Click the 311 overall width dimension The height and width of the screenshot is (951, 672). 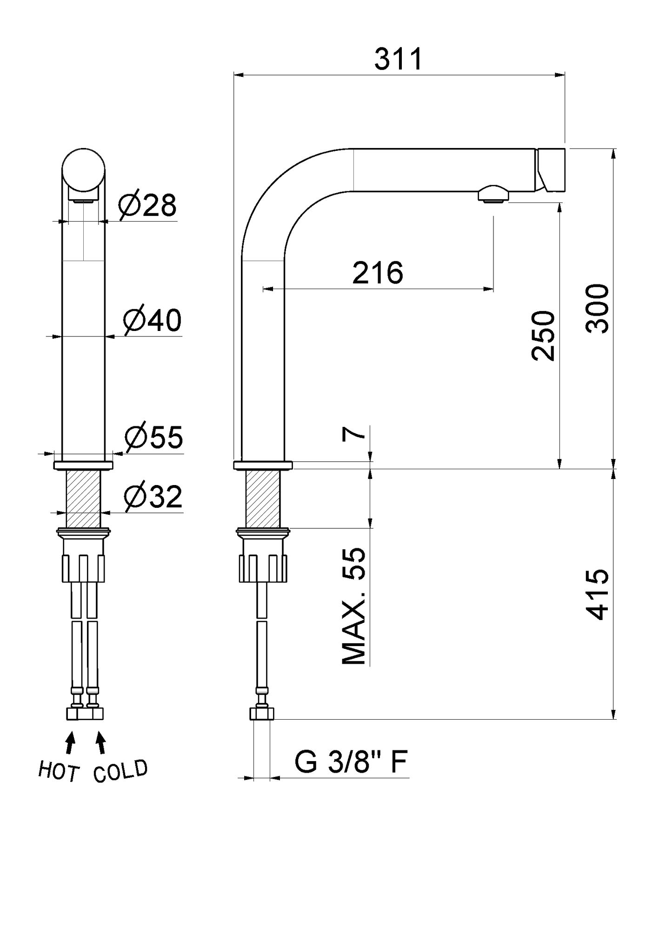tap(399, 59)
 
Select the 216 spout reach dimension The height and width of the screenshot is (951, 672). tap(378, 273)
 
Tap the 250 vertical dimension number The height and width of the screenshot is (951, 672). tap(543, 336)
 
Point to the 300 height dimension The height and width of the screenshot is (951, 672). tap(597, 308)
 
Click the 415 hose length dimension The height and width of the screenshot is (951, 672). tap(597, 594)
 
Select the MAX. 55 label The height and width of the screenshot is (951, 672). tap(354, 606)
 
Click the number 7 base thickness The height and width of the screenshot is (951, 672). tap(353, 434)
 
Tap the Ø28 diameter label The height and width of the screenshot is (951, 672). tap(147, 205)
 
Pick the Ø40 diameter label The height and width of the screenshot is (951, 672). tap(152, 320)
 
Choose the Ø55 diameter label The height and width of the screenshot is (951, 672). tap(153, 437)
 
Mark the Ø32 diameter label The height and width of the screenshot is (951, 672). tap(153, 497)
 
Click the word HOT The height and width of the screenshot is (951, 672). tap(59, 771)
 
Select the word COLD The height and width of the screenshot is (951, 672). tap(120, 771)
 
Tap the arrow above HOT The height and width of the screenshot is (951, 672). tap(70, 742)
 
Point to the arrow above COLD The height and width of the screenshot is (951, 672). tap(100, 742)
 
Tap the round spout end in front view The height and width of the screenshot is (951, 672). tap(84, 170)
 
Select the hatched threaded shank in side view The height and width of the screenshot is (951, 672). tap(263, 499)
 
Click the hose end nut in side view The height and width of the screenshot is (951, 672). tap(262, 714)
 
